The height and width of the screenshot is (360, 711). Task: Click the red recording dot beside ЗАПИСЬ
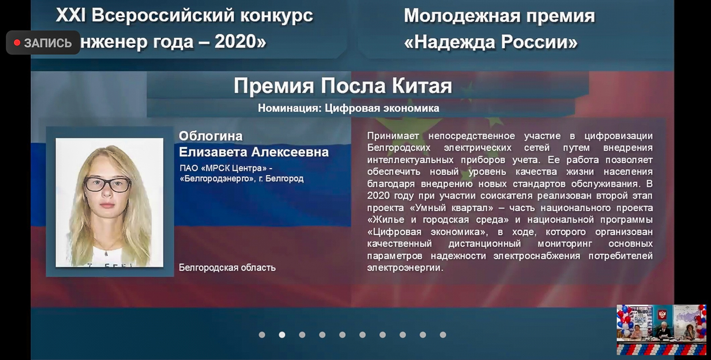[x=17, y=43]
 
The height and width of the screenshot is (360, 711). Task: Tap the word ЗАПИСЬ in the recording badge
[x=48, y=43]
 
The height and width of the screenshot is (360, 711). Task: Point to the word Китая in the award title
[x=422, y=86]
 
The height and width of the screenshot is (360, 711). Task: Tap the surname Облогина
[x=210, y=136]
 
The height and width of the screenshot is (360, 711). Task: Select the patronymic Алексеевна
[x=290, y=152]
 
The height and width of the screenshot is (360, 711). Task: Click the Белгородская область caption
[x=227, y=268]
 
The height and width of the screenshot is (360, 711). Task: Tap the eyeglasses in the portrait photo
[x=107, y=185]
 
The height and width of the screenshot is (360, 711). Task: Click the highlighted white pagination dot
[x=282, y=334]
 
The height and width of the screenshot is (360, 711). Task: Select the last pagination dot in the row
[x=443, y=334]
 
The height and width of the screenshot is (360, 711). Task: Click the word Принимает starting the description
[x=393, y=136]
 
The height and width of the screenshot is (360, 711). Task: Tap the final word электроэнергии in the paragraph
[x=405, y=268]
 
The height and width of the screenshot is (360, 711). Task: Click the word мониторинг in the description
[x=565, y=244]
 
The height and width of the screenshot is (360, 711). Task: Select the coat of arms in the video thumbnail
[x=662, y=315]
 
